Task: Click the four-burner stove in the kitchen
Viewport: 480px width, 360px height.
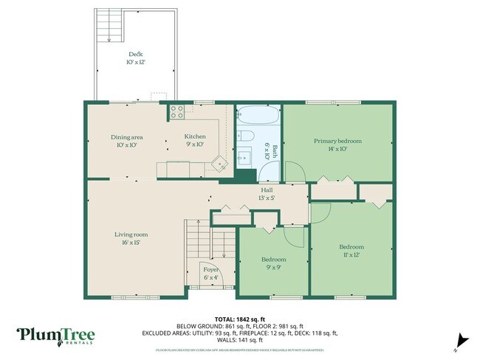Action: tap(177, 112)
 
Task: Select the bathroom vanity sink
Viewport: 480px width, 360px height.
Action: tap(244, 157)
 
